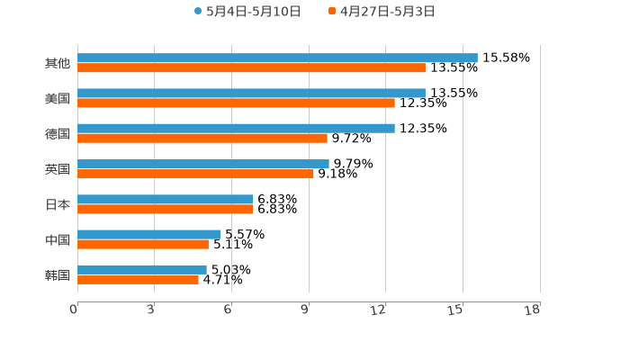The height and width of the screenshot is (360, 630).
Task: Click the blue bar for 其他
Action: (x=277, y=58)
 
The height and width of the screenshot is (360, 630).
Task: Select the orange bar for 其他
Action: (x=251, y=67)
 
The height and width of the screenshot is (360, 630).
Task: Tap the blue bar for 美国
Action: (x=251, y=93)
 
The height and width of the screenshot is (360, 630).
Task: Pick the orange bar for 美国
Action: (x=236, y=103)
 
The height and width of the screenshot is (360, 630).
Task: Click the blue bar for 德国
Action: (x=236, y=128)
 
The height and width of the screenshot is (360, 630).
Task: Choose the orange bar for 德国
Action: (x=202, y=138)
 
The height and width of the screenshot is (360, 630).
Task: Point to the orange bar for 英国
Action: (x=195, y=174)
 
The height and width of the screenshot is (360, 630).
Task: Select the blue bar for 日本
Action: (x=166, y=199)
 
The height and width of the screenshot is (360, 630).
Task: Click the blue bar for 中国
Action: (x=149, y=234)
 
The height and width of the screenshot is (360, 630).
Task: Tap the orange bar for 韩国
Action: (x=138, y=279)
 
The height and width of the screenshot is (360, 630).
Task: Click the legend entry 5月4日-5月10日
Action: (x=247, y=11)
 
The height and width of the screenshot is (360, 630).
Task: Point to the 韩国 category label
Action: (x=58, y=274)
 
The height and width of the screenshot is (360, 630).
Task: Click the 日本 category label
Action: (x=58, y=204)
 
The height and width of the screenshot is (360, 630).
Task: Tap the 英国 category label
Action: (x=58, y=169)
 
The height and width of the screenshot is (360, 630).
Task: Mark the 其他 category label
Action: (x=58, y=63)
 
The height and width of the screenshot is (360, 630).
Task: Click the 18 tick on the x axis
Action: (x=533, y=310)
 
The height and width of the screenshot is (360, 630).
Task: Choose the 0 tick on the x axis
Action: (x=75, y=310)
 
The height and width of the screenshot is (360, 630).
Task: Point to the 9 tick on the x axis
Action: (x=305, y=310)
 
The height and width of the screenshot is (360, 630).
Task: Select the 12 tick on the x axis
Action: (x=379, y=310)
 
